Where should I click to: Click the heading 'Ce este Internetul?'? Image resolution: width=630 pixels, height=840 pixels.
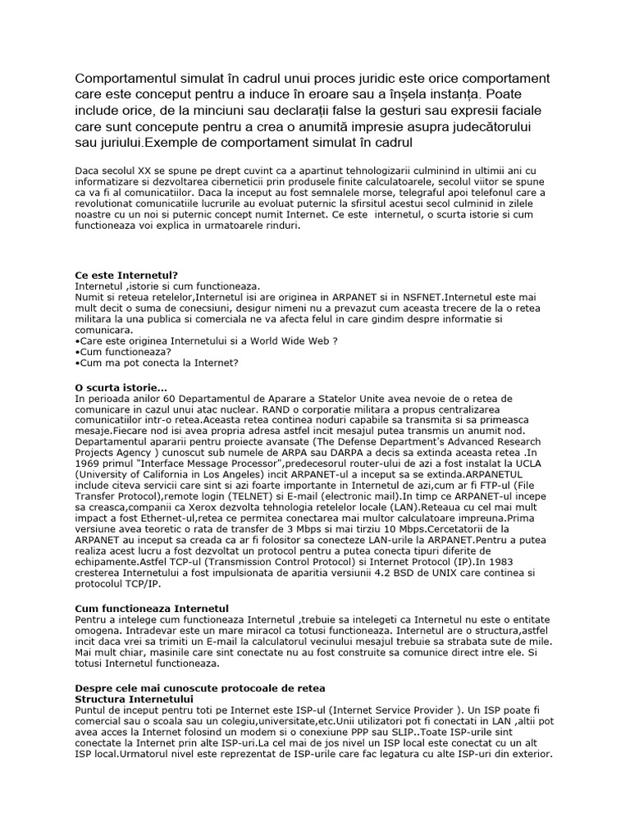[x=126, y=276]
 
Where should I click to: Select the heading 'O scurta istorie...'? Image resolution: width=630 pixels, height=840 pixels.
[x=121, y=387]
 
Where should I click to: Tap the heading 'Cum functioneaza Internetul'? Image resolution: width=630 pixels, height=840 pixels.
[x=148, y=608]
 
